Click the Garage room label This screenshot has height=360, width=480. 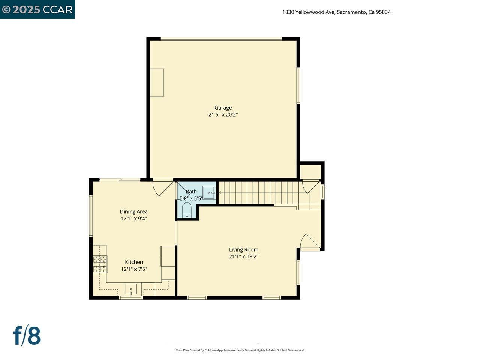[223, 108]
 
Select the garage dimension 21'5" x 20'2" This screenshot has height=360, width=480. [223, 115]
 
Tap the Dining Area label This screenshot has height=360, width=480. [133, 211]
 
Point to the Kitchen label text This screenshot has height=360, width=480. [134, 262]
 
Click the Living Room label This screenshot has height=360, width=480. [244, 250]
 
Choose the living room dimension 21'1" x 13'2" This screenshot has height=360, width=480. [244, 257]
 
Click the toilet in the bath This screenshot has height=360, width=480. [187, 210]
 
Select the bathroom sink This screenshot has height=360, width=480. [209, 193]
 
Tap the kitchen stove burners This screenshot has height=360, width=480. [100, 264]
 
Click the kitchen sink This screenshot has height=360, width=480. [130, 289]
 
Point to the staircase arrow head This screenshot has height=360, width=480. [220, 193]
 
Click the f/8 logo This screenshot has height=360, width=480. [27, 336]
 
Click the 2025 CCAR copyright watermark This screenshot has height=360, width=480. [37, 9]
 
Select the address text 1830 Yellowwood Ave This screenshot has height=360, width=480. [336, 12]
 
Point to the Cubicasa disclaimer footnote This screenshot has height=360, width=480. [240, 350]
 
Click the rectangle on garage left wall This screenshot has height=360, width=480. [157, 82]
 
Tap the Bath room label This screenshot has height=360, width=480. [191, 192]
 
